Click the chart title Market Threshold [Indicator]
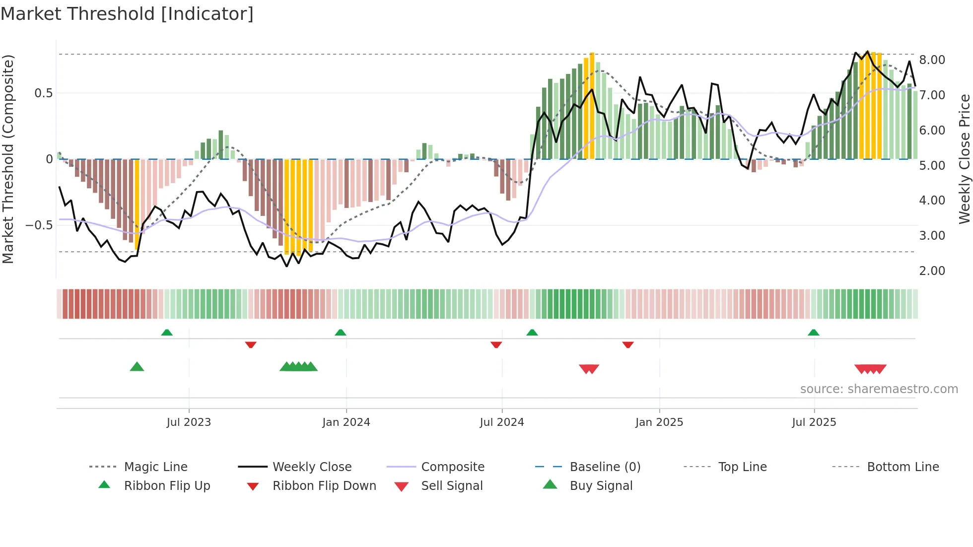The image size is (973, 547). (x=127, y=14)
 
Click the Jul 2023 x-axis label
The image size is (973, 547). (x=189, y=422)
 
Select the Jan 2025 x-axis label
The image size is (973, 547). (x=659, y=422)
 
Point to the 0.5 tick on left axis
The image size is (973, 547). (x=43, y=93)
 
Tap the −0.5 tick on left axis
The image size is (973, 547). (x=39, y=225)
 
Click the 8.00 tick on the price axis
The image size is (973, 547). (x=932, y=60)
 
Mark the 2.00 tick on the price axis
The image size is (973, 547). (x=932, y=271)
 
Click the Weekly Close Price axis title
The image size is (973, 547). (x=964, y=159)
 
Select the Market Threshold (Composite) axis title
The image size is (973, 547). (x=8, y=159)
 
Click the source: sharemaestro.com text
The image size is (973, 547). (x=879, y=389)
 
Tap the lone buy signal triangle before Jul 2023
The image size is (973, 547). (x=137, y=367)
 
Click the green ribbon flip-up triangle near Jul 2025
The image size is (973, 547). (x=813, y=333)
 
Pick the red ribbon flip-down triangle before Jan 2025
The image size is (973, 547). (x=627, y=344)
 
